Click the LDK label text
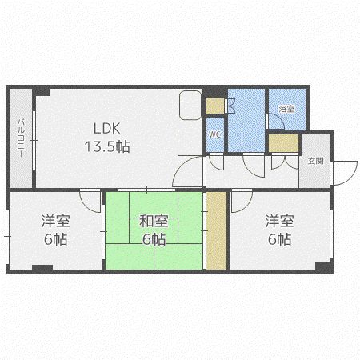pyautogui.click(x=106, y=128)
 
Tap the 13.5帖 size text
pyautogui.click(x=107, y=146)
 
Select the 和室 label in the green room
pyautogui.click(x=154, y=221)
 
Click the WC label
pyautogui.click(x=214, y=134)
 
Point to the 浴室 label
pyautogui.click(x=286, y=109)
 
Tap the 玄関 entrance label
pyautogui.click(x=316, y=161)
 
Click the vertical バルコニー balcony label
pyautogui.click(x=21, y=138)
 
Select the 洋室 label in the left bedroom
pyautogui.click(x=55, y=221)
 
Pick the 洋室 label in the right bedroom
pyautogui.click(x=279, y=221)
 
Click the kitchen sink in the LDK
pyautogui.click(x=190, y=106)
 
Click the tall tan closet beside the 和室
pyautogui.click(x=216, y=230)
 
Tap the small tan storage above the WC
pyautogui.click(x=215, y=106)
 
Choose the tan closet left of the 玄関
pyautogui.click(x=283, y=143)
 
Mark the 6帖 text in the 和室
pyautogui.click(x=154, y=239)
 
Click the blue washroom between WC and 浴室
pyautogui.click(x=246, y=121)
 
